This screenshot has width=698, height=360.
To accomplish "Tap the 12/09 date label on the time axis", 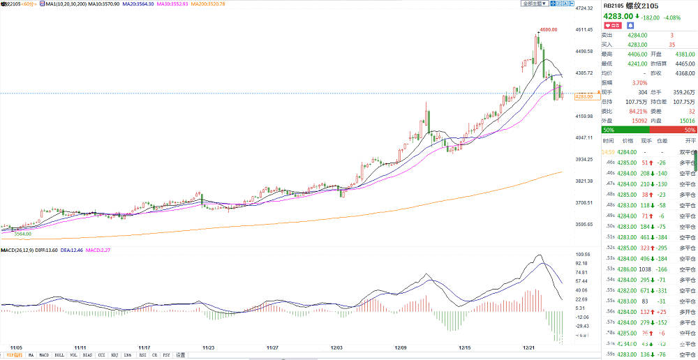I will point(401,347).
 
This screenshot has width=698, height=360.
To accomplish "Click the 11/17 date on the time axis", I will point(144,347).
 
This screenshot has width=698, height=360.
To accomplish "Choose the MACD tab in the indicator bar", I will point(45,355).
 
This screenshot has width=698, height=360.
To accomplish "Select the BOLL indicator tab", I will point(59,355).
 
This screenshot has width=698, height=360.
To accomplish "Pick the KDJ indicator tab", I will point(113,355).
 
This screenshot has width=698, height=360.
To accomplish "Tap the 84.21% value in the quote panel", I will point(631,111).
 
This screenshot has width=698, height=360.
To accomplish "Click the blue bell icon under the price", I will point(630,25).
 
